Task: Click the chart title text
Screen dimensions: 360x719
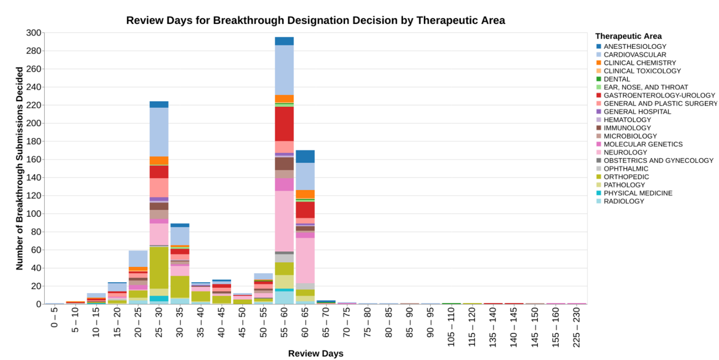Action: click(x=315, y=20)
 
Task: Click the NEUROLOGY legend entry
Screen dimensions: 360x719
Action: click(x=625, y=153)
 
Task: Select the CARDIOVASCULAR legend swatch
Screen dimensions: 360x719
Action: click(x=599, y=55)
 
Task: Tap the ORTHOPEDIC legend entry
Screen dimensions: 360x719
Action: click(x=626, y=177)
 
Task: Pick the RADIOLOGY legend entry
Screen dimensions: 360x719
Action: click(x=624, y=202)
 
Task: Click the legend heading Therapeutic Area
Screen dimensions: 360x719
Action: click(x=628, y=36)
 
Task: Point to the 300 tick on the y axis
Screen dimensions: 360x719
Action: click(x=33, y=33)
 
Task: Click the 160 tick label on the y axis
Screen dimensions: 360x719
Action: click(x=33, y=160)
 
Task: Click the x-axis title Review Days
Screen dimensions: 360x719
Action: click(x=316, y=354)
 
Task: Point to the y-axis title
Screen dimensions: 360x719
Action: click(x=20, y=169)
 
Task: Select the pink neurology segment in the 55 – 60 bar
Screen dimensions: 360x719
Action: click(x=284, y=221)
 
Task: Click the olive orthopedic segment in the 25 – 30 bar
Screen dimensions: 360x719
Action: click(x=159, y=267)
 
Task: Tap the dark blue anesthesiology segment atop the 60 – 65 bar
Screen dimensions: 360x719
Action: click(x=305, y=156)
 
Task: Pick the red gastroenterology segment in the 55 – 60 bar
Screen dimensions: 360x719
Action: click(x=284, y=124)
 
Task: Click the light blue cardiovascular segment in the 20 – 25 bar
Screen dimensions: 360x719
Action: click(x=138, y=258)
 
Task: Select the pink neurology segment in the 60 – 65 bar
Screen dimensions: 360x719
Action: click(x=305, y=261)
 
